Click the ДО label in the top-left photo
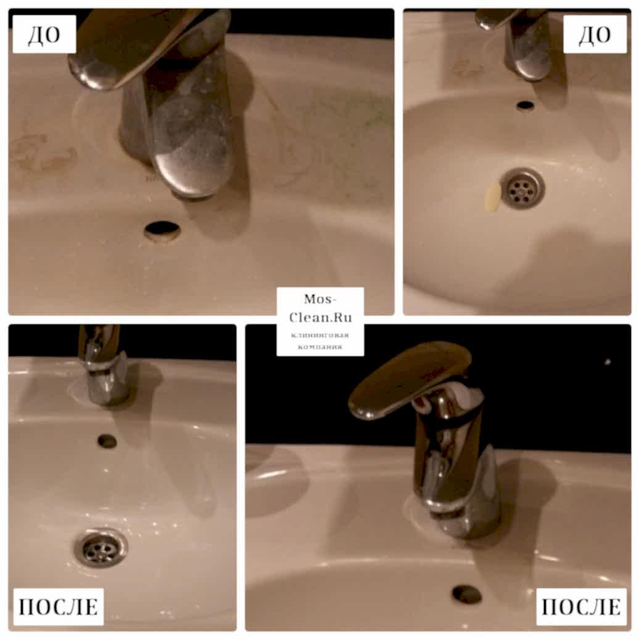point(44,35)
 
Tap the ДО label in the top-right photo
point(595,35)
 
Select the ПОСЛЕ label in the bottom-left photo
point(58,606)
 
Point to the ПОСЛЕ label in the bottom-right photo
point(581,606)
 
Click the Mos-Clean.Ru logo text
point(320,308)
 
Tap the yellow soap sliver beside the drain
point(492,197)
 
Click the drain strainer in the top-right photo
point(522,188)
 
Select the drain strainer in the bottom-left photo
point(101,547)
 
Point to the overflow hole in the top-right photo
point(526,105)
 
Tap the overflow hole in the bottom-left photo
point(107,441)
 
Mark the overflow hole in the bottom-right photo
point(467,594)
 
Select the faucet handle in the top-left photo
point(139,45)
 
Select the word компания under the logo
point(320,347)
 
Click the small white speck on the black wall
point(608,362)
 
